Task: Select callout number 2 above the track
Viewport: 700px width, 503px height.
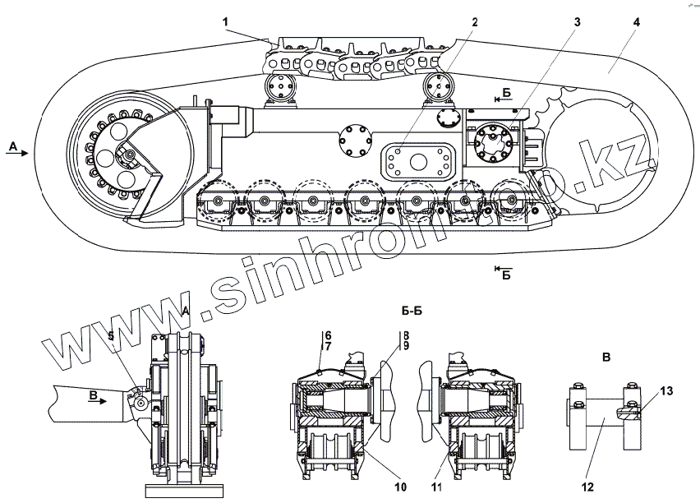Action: coord(474,21)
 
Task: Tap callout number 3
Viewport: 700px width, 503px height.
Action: coord(578,21)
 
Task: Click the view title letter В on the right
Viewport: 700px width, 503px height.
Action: coord(606,357)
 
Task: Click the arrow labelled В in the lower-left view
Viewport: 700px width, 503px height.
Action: coord(99,396)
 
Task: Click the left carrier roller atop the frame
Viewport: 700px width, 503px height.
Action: coord(280,88)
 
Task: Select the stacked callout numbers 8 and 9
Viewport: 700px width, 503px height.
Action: coord(404,340)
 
